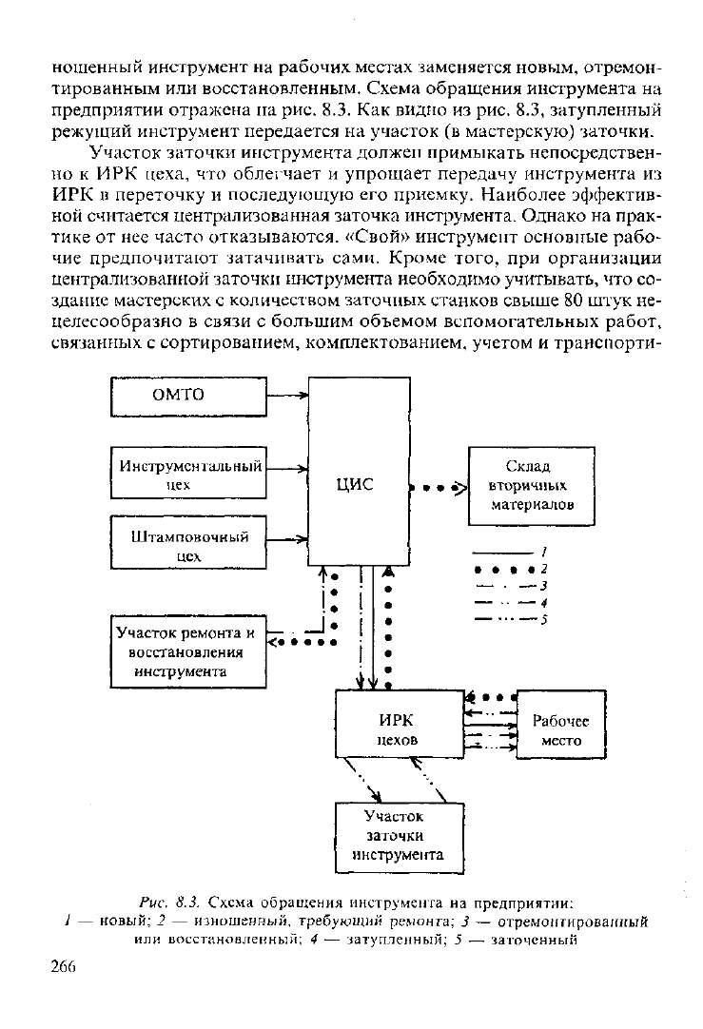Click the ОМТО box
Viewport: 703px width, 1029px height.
click(188, 397)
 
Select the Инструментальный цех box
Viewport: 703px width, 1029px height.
click(188, 473)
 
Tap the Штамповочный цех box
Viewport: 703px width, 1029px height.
click(188, 542)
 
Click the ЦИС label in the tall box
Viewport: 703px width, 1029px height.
click(355, 484)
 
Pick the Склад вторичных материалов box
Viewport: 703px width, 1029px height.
click(531, 486)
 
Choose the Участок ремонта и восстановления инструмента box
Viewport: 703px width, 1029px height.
click(188, 651)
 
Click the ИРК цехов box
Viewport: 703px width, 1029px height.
click(400, 724)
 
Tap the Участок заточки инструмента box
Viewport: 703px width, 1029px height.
click(400, 838)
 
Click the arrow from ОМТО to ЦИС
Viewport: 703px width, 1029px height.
click(287, 396)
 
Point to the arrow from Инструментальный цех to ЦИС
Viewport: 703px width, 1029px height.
click(287, 469)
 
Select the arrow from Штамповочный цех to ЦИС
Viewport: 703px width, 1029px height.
click(287, 539)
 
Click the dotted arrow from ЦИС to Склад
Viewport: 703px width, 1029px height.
click(439, 488)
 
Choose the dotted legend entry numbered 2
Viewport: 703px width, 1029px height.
click(506, 569)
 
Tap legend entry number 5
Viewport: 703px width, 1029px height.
click(504, 619)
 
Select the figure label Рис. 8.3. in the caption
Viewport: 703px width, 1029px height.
click(169, 901)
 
